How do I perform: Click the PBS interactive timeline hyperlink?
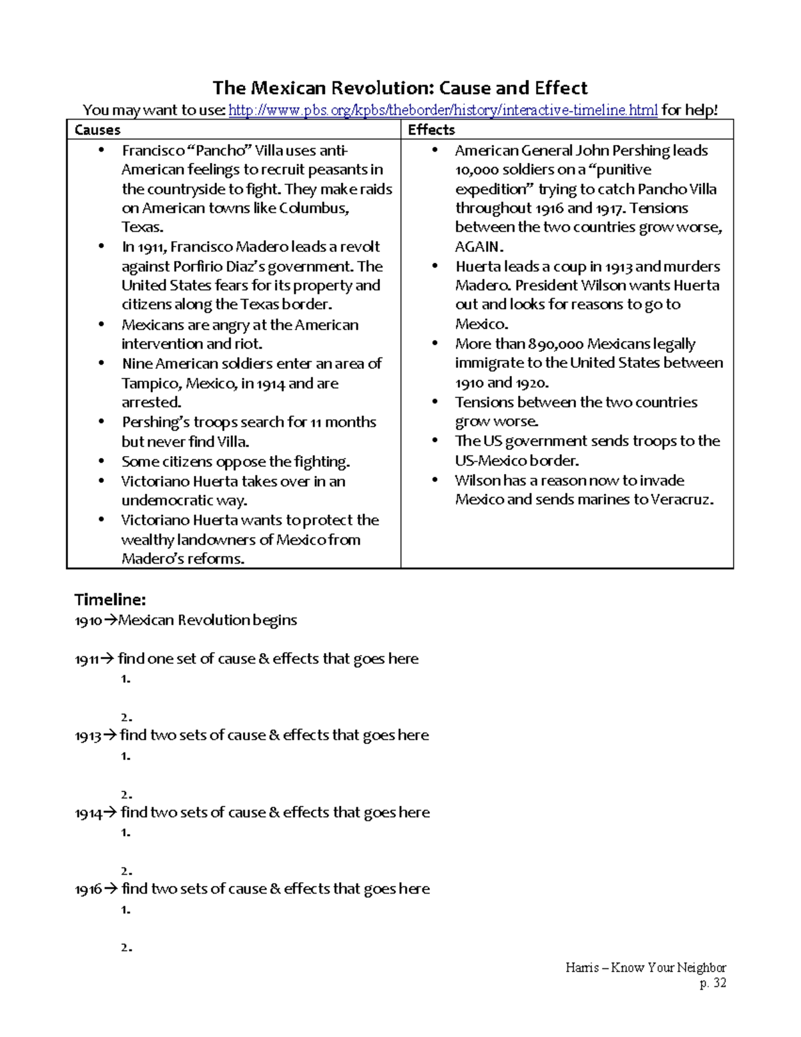(443, 110)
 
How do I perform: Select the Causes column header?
(97, 130)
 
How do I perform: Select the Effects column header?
(431, 130)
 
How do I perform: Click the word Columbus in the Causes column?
(313, 208)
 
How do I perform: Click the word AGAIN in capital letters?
(477, 246)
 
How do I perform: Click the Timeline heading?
(110, 599)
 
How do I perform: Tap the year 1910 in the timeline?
(87, 621)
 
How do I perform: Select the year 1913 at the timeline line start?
(87, 737)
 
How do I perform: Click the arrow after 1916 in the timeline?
(111, 889)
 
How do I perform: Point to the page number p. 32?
(712, 983)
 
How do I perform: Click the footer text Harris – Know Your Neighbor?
(645, 968)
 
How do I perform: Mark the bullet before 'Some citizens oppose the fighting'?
(101, 461)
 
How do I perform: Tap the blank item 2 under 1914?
(126, 871)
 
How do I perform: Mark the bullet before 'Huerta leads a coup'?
(435, 266)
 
